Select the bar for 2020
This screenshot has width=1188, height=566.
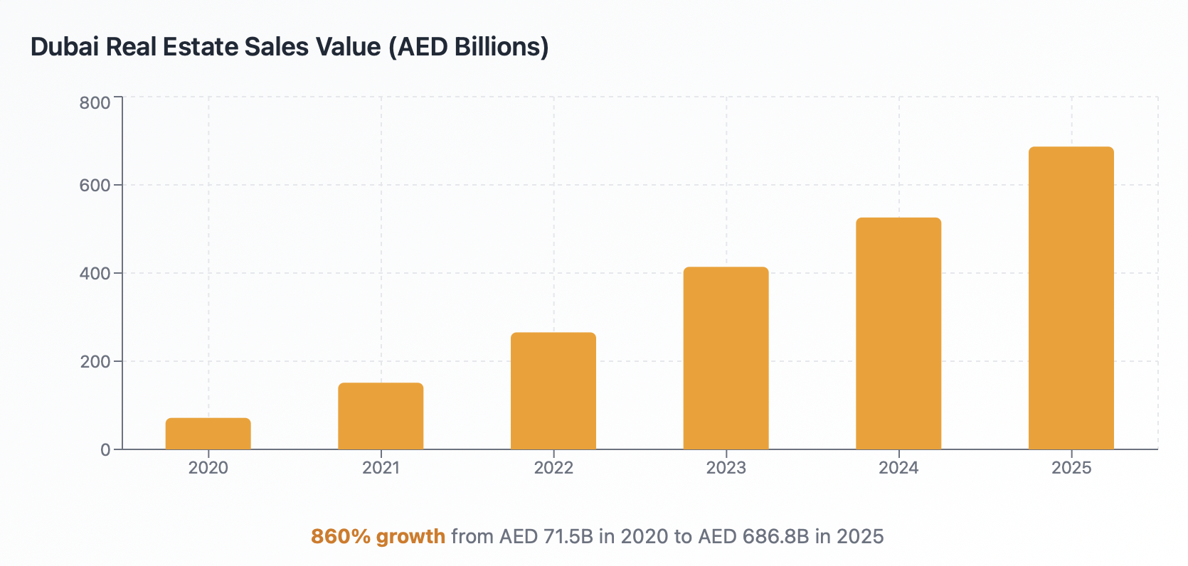(208, 434)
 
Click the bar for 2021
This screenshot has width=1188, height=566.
(381, 417)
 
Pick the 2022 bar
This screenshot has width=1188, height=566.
(553, 391)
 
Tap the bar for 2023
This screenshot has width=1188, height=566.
(726, 358)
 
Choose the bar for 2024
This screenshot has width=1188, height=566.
(898, 333)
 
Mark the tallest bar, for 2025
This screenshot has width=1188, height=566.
(1071, 298)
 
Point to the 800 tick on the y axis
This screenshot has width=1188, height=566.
(95, 103)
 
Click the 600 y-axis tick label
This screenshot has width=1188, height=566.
(95, 186)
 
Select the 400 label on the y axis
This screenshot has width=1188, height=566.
(95, 274)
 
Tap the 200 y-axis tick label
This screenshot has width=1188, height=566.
(95, 362)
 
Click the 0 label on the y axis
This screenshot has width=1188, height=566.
(105, 450)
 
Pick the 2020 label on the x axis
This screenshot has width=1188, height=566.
(208, 468)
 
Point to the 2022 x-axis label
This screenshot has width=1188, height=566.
(553, 468)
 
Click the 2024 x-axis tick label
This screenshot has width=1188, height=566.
(898, 468)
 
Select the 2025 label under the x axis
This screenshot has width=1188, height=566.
(1071, 468)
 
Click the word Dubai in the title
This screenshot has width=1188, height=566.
(65, 47)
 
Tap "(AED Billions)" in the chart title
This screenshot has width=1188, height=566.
(469, 47)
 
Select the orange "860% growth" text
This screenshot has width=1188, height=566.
(378, 536)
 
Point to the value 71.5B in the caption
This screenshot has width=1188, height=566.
(568, 536)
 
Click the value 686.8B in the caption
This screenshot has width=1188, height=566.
(775, 536)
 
